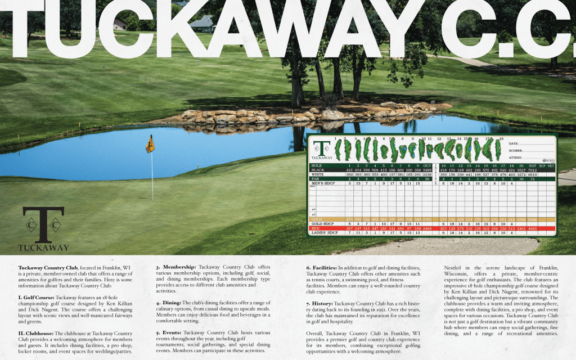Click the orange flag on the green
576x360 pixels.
150,145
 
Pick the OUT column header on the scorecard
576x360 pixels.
427,165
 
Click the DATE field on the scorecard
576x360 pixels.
516,144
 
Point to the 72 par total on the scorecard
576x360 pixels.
532,179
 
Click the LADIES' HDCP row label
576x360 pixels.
323,233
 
